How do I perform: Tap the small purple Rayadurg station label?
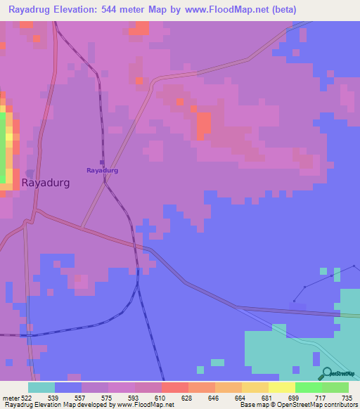pos(102,170)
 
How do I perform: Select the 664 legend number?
pos(240,397)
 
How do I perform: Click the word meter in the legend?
pos(10,397)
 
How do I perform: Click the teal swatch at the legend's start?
pos(41,387)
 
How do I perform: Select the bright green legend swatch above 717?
pos(308,387)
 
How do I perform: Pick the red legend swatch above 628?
pos(174,387)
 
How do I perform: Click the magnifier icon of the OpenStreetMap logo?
pos(326,375)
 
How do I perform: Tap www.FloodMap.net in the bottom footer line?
pos(146,405)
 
